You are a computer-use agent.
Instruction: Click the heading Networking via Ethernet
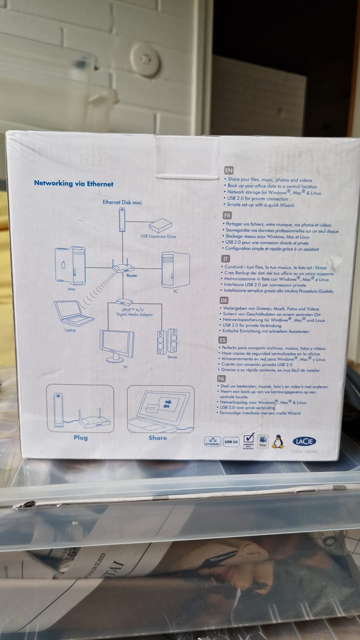[73, 183]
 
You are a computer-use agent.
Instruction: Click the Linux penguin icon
[277, 442]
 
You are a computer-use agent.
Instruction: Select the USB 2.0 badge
[231, 442]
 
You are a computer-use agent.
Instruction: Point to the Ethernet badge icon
[212, 442]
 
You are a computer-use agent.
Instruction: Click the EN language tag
[228, 170]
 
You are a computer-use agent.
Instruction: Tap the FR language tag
[227, 215]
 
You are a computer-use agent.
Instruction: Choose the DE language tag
[224, 300]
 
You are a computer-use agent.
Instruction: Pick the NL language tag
[221, 379]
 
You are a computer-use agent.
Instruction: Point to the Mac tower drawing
[70, 265]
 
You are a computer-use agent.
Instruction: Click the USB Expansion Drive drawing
[160, 226]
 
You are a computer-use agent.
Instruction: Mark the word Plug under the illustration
[81, 438]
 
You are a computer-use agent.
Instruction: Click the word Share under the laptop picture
[157, 438]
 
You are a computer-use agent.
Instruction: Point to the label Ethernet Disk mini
[122, 202]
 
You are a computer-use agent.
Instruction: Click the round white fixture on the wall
[144, 58]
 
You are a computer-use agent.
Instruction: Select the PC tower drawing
[175, 270]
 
